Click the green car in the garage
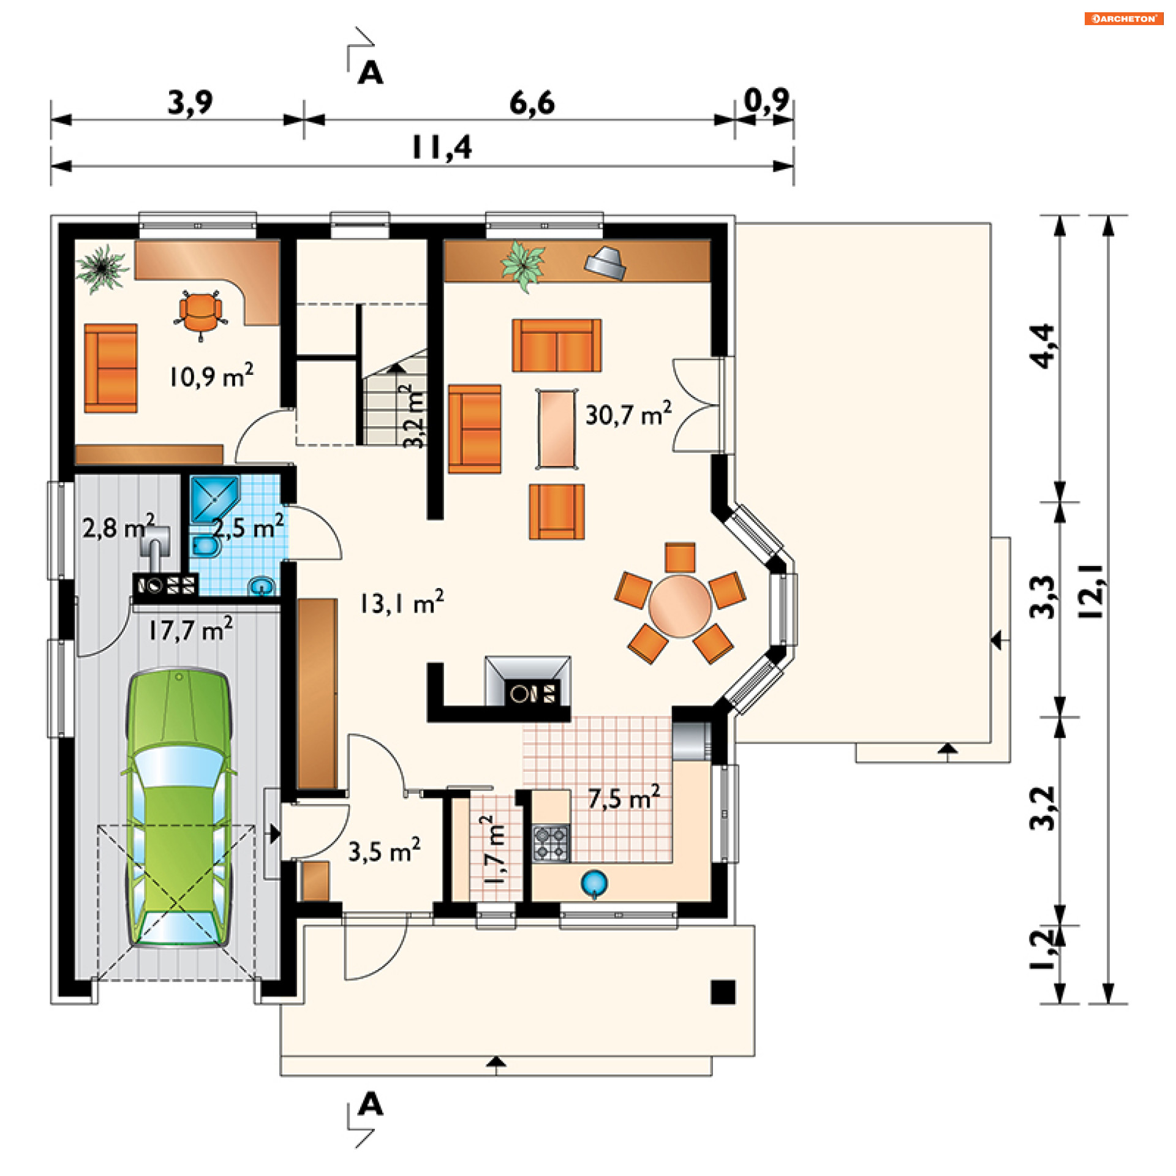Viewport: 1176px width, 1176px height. [x=178, y=809]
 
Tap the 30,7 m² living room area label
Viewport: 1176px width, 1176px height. [x=628, y=414]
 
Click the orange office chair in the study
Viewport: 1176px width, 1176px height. [x=200, y=314]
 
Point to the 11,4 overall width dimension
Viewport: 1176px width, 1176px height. [x=442, y=147]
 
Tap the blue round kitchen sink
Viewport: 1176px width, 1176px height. [x=594, y=883]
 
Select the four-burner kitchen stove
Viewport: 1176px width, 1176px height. [x=551, y=843]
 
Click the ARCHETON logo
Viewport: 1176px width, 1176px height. [x=1124, y=18]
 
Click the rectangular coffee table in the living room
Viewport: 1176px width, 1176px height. [x=557, y=429]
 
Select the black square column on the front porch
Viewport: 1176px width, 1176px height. [x=723, y=992]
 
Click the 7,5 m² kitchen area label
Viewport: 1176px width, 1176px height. [x=624, y=797]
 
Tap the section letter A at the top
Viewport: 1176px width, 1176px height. [x=371, y=73]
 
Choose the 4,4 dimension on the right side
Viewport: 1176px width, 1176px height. [x=1042, y=346]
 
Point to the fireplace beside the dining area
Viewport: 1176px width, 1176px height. [x=527, y=680]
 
